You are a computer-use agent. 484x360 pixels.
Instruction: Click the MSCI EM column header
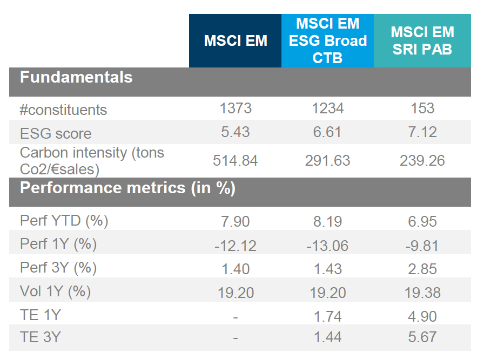point(236,41)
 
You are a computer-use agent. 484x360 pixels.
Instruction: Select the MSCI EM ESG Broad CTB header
point(327,41)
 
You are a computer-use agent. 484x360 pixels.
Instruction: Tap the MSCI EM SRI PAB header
point(422,41)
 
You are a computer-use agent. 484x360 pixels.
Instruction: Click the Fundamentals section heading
point(76,77)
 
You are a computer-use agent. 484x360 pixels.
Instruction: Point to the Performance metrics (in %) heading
point(127,188)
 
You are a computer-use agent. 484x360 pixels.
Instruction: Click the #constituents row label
point(63,110)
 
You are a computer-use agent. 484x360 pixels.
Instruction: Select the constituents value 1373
point(236,108)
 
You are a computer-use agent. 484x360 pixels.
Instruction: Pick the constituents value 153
point(422,108)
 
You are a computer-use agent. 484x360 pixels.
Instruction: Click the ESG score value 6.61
point(327,133)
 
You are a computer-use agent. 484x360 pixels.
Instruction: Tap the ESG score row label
point(56,133)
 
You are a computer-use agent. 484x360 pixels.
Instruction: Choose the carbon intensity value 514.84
point(236,161)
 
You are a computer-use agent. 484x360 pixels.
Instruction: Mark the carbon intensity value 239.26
point(422,161)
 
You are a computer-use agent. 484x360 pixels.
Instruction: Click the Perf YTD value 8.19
point(327,221)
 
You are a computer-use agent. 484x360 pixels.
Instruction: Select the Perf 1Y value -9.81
point(422,246)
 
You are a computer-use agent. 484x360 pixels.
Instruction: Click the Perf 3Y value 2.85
point(422,268)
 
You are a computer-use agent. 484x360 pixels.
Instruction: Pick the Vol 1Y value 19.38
point(422,292)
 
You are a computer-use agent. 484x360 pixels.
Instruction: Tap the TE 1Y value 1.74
point(327,315)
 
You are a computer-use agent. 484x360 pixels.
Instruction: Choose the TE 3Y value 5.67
point(422,338)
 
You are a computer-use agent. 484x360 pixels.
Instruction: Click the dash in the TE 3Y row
point(236,339)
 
